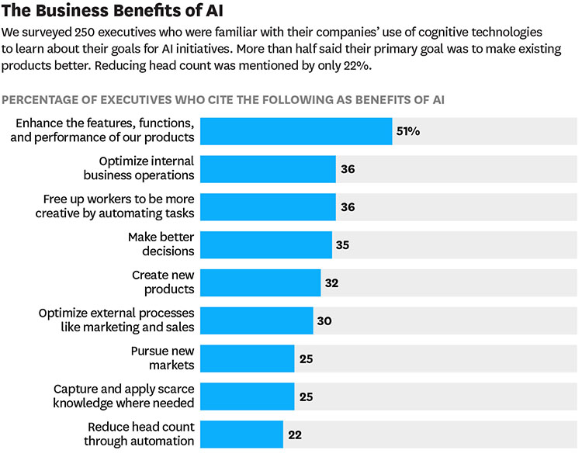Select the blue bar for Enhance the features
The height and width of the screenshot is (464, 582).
coord(296,131)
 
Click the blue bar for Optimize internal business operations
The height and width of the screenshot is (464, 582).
coord(268,168)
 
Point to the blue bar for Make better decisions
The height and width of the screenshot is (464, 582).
coord(265,244)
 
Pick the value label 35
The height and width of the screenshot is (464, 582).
coord(342,244)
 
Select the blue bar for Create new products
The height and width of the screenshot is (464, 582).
coord(260,282)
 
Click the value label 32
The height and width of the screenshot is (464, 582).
coord(331,282)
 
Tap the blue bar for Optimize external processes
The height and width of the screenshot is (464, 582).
coord(256,320)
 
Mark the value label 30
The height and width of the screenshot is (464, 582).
coord(324,320)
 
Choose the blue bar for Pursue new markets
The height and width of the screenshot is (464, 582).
coord(247,358)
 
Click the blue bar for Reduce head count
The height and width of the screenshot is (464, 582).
coord(241,435)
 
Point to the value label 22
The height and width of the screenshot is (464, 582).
coord(294,435)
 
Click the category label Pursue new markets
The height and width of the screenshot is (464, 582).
coord(162,358)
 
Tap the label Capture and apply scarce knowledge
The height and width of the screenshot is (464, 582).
coord(123,396)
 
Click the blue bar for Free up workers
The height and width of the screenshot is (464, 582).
coord(268,206)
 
